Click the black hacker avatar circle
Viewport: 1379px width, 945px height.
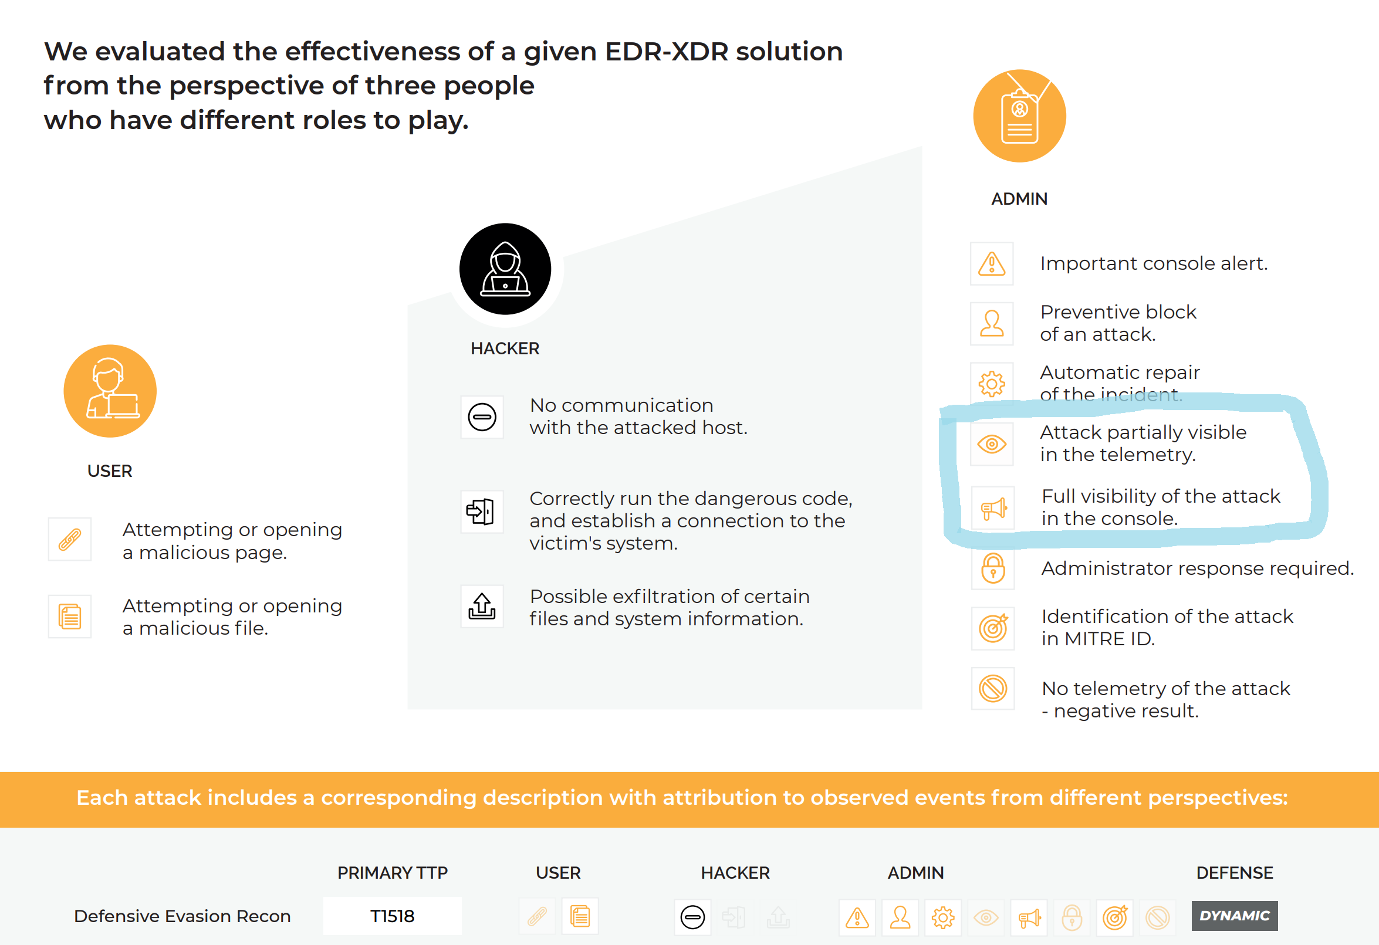(505, 269)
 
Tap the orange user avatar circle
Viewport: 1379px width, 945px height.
(110, 391)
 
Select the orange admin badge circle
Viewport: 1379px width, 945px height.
(1019, 116)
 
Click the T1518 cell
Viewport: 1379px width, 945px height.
(392, 916)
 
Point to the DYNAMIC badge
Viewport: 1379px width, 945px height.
(1234, 916)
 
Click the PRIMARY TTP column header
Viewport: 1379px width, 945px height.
(392, 873)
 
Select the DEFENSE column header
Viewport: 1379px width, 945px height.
(1234, 873)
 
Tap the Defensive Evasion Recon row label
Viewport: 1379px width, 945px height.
(182, 916)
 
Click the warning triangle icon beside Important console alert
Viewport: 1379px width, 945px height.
(992, 263)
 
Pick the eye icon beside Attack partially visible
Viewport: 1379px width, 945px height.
(992, 443)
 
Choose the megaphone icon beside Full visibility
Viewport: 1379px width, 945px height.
(993, 509)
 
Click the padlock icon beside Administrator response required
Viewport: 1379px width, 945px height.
(993, 568)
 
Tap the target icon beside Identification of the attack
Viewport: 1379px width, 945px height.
(993, 628)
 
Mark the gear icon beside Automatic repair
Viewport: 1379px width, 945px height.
(992, 384)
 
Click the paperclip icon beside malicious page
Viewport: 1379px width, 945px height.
(69, 539)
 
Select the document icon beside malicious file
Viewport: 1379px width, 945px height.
(69, 617)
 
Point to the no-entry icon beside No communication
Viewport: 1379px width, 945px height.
(482, 417)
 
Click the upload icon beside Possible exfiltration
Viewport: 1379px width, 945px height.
(482, 607)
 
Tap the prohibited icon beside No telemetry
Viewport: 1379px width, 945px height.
(993, 689)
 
